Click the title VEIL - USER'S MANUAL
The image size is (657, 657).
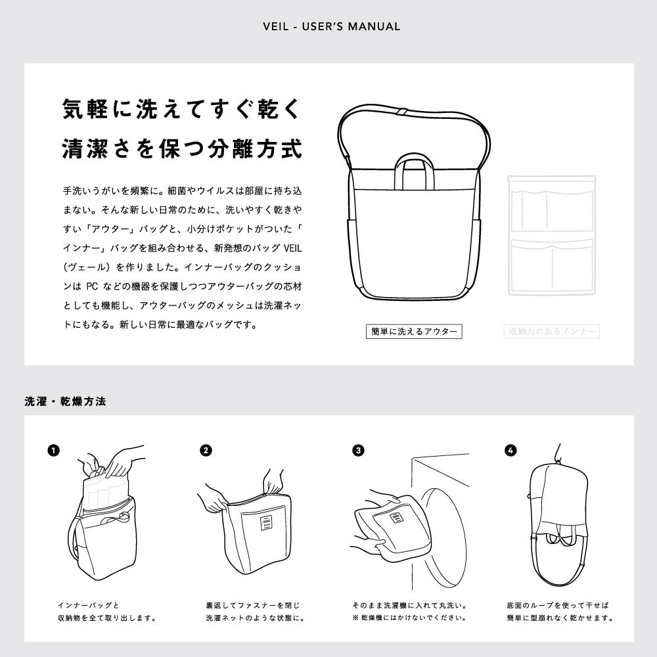331,27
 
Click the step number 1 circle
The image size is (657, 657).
54,451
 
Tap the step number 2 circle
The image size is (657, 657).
206,451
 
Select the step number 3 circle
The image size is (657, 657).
358,451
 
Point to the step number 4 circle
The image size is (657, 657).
510,451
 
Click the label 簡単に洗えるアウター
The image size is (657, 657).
414,331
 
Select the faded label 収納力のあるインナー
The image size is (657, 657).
552,331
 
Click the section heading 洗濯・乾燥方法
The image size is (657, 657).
65,401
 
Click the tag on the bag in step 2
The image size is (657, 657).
267,524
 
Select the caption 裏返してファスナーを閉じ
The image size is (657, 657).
253,606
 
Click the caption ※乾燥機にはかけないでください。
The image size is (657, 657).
409,618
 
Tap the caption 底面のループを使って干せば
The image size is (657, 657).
557,606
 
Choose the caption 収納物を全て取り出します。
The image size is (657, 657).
107,618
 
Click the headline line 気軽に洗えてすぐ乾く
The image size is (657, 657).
182,109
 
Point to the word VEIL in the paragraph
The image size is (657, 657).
293,248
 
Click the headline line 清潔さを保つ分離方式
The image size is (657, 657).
182,148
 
